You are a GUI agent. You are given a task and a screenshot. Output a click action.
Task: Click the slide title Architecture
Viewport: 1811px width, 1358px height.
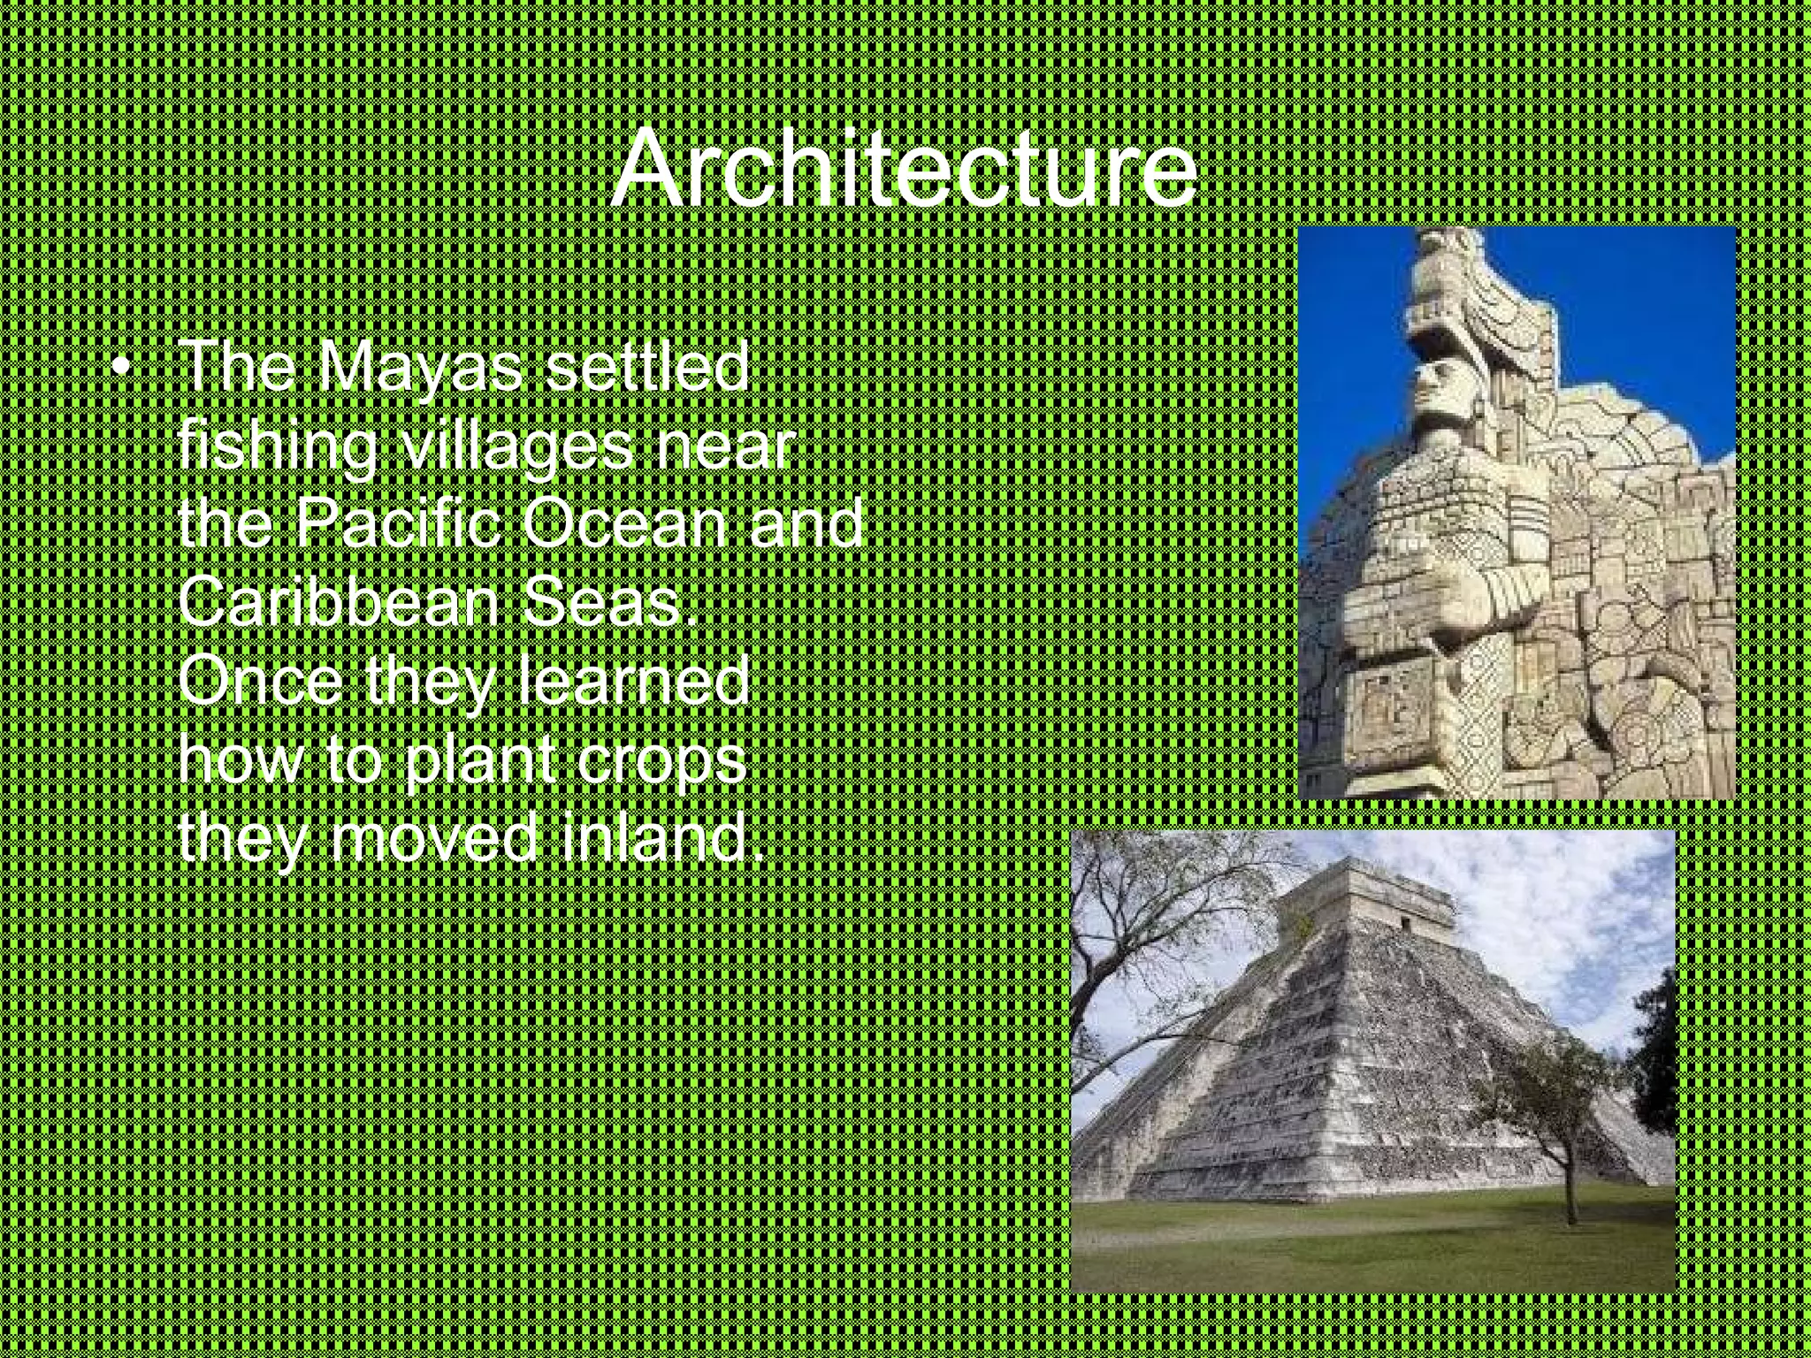(904, 168)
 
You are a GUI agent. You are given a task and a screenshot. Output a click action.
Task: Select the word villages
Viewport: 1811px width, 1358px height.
(516, 446)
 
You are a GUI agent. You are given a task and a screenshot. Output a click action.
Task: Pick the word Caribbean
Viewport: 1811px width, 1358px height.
(340, 601)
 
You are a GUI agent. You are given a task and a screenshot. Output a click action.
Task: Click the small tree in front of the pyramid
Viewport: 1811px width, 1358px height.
(1556, 1105)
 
